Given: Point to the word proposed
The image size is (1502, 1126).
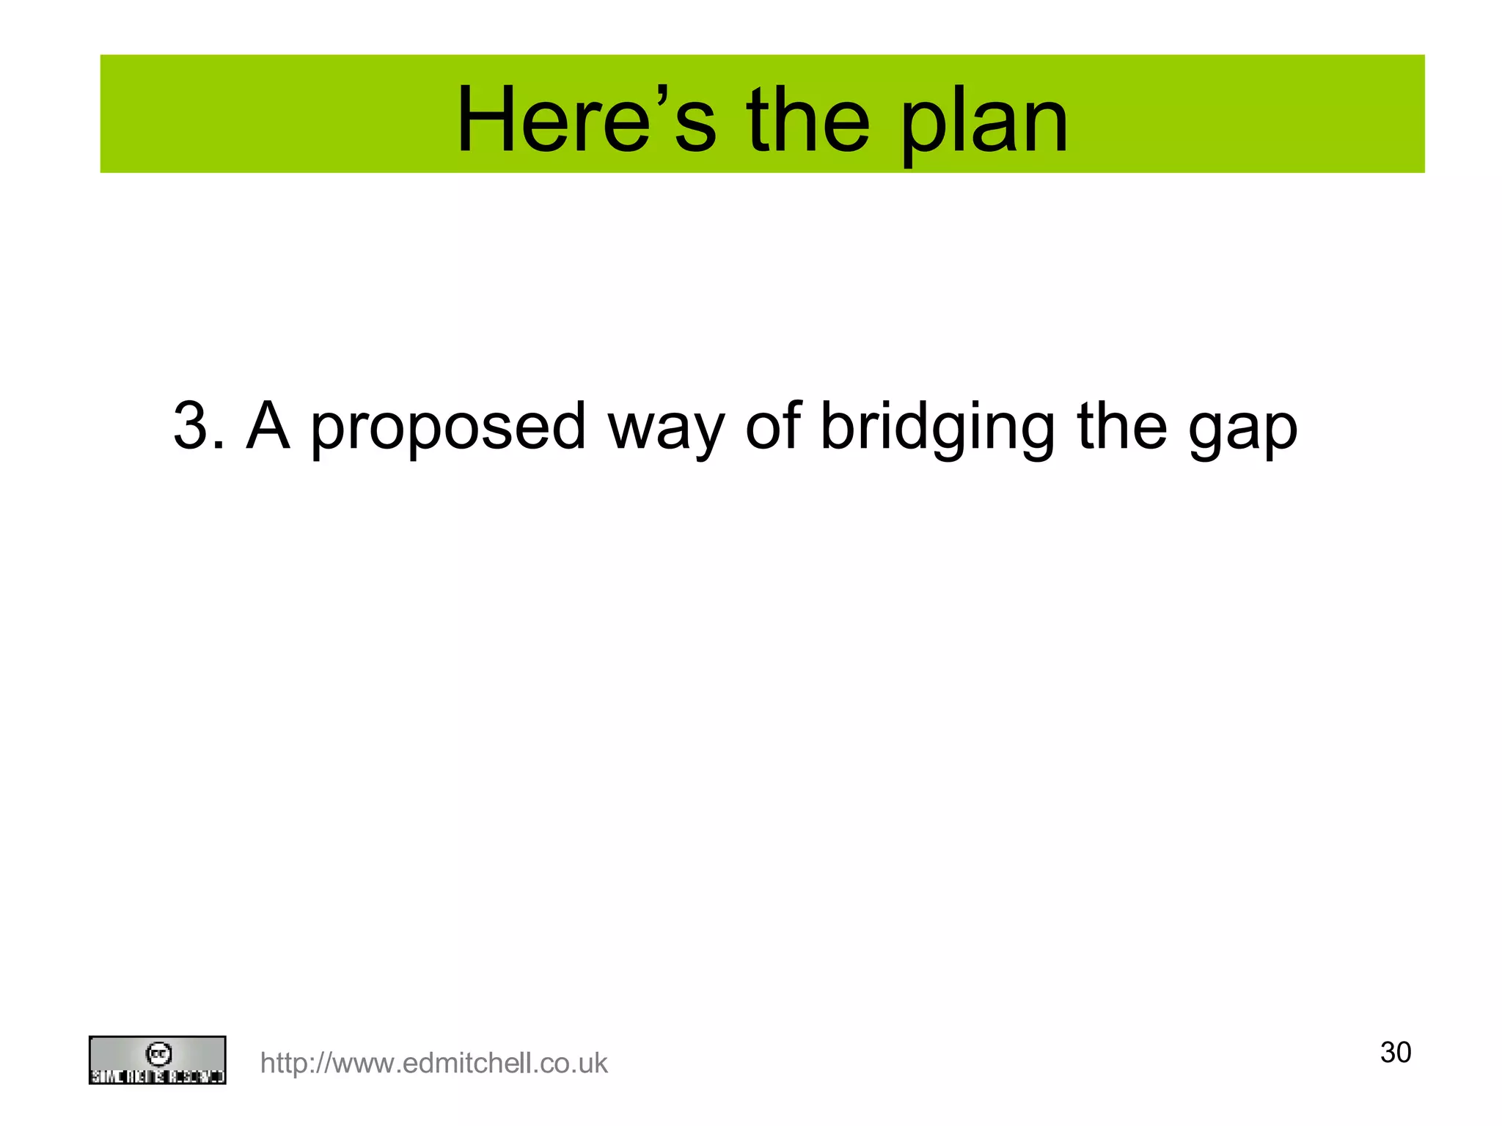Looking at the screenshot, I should [x=448, y=429].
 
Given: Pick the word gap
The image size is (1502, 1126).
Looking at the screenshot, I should [x=1242, y=433].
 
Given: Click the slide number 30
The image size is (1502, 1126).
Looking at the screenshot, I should [x=1395, y=1053].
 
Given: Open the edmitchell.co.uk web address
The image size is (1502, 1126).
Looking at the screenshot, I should [x=433, y=1063].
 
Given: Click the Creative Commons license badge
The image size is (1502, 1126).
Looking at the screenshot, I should [x=157, y=1060].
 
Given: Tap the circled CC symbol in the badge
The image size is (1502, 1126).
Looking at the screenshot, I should [x=158, y=1053].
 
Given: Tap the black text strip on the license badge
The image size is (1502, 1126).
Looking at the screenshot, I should [x=157, y=1077].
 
